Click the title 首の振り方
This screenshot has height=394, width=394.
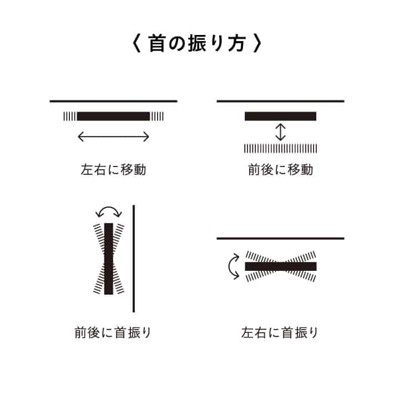pos(197,43)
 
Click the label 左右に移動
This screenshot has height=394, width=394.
pos(113,170)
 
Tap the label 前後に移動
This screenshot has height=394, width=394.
pos(280,170)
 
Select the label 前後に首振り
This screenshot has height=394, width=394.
pos(113,332)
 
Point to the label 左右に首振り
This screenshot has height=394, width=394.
pos(280,332)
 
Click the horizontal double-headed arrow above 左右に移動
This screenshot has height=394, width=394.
pos(113,137)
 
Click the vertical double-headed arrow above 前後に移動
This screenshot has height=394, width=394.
pos(280,132)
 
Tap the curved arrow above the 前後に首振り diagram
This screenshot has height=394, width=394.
pos(109,208)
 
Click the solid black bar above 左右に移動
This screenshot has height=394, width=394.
pos(113,117)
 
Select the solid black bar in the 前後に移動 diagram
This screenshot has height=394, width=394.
pos(280,117)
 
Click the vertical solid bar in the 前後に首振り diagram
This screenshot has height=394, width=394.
pos(109,259)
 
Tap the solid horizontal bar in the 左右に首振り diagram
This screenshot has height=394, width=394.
pos(281,266)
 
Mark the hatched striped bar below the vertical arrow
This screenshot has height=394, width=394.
pos(280,148)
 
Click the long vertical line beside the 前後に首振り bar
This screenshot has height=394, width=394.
pos(134,259)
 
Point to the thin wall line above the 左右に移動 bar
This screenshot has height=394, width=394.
pos(113,101)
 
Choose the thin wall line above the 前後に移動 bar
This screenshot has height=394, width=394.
pos(280,101)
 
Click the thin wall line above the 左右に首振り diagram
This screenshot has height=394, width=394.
pos(280,238)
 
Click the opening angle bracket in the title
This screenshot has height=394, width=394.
pos(136,43)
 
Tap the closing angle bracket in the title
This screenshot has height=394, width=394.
pos(257,43)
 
